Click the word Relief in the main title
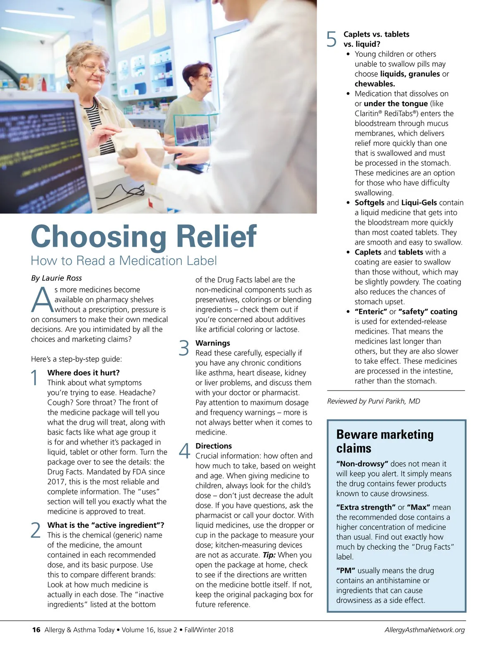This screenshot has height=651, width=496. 217,236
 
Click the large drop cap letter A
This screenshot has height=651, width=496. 42,300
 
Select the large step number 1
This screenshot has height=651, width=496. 35,378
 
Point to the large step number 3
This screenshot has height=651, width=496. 184,348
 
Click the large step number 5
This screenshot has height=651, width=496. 332,39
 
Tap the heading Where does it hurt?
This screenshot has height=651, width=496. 83,373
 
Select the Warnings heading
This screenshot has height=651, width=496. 212,343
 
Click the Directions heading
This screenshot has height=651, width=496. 213,446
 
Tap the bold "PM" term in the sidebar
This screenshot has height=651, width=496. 346,571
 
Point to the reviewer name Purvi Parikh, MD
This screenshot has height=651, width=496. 395,401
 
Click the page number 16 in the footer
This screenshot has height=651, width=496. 36,630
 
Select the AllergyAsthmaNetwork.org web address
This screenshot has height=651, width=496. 424,630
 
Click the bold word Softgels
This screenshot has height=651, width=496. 370,203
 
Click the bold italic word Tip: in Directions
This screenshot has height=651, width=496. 269,555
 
